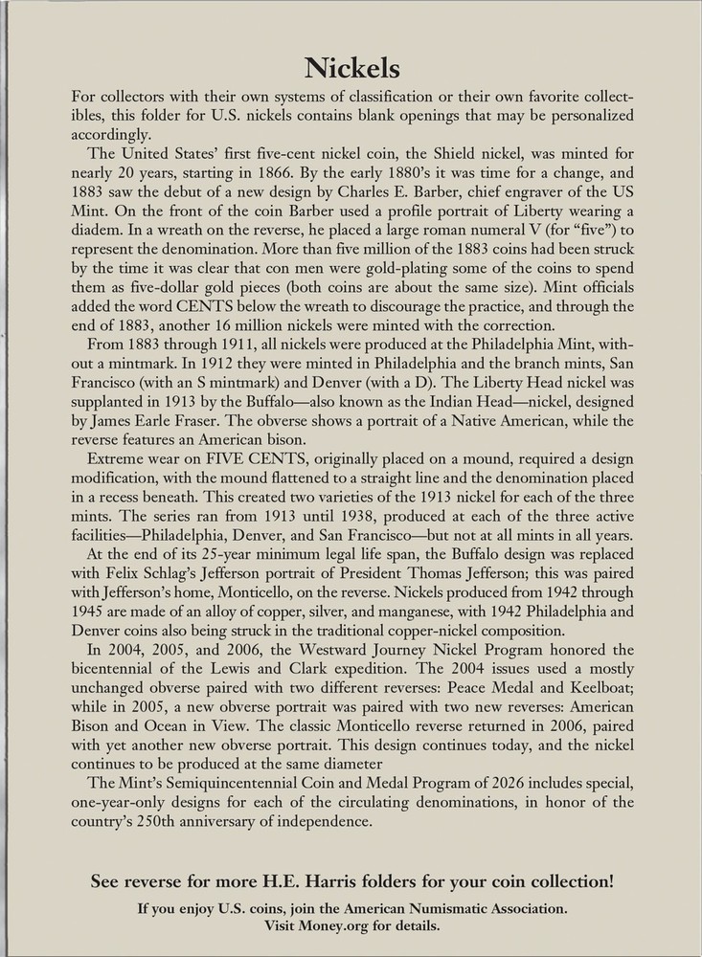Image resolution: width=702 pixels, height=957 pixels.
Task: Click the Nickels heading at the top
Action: tap(351, 67)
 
